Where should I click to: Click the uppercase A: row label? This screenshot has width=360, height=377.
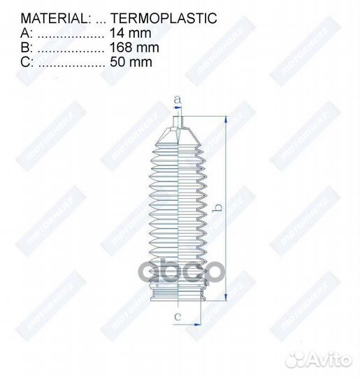tap(26, 33)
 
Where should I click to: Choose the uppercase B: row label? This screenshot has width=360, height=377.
tap(26, 47)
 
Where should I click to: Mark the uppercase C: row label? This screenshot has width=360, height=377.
tap(27, 62)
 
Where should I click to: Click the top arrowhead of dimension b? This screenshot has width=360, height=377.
tap(226, 120)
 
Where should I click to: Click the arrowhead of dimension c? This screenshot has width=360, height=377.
tap(199, 324)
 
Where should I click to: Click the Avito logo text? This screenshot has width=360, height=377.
tap(328, 359)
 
